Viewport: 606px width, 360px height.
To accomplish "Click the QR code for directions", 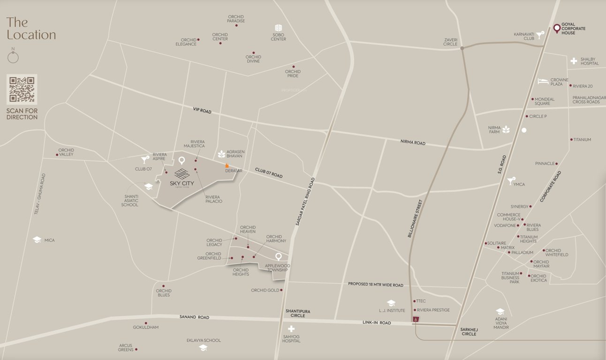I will click(x=22, y=89).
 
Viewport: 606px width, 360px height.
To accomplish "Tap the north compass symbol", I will click(x=13, y=57).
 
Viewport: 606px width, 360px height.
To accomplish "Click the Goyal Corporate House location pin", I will click(x=557, y=29).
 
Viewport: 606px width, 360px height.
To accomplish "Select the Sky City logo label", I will click(x=182, y=178).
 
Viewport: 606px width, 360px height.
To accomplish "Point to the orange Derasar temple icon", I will click(x=227, y=165).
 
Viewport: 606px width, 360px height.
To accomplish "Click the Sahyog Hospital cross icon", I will click(x=291, y=329).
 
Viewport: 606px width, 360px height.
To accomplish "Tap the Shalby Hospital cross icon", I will click(x=574, y=61).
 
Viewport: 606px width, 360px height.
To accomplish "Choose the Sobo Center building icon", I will click(x=278, y=28).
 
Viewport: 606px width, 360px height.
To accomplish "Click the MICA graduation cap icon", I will click(x=37, y=240).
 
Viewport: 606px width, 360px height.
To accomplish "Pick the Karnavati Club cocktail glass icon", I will click(x=540, y=34).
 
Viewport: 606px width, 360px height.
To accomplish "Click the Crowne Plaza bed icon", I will click(x=543, y=81).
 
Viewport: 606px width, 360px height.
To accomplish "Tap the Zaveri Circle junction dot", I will click(x=462, y=48).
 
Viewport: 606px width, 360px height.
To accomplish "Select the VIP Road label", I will click(x=202, y=111).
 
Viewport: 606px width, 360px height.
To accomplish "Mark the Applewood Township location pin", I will click(x=279, y=256).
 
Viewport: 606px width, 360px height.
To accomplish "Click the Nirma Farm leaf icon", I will click(x=506, y=129).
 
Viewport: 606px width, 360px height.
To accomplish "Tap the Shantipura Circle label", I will click(x=298, y=313).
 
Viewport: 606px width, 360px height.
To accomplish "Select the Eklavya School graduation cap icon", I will click(x=203, y=348).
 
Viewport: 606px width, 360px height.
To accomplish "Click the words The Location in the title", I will click(x=31, y=29).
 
